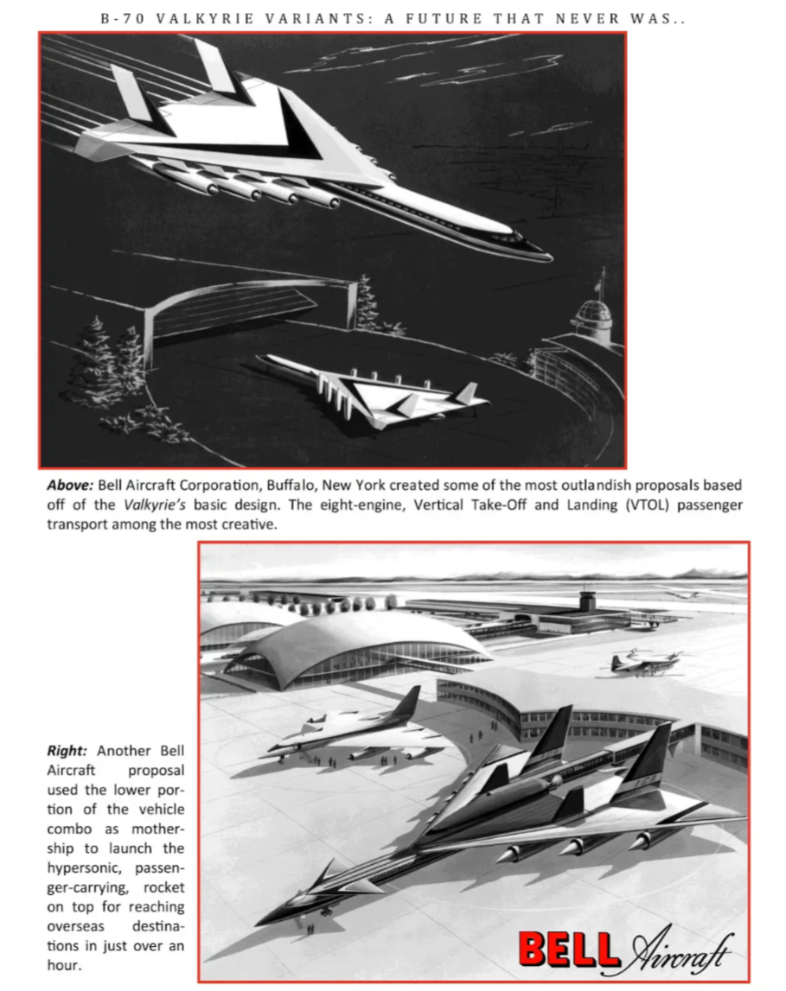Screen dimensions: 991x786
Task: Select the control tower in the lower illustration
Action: [587, 600]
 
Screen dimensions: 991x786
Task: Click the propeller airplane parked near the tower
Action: [643, 662]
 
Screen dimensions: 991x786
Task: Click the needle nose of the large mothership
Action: [264, 921]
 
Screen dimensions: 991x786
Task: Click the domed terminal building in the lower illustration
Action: [355, 648]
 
